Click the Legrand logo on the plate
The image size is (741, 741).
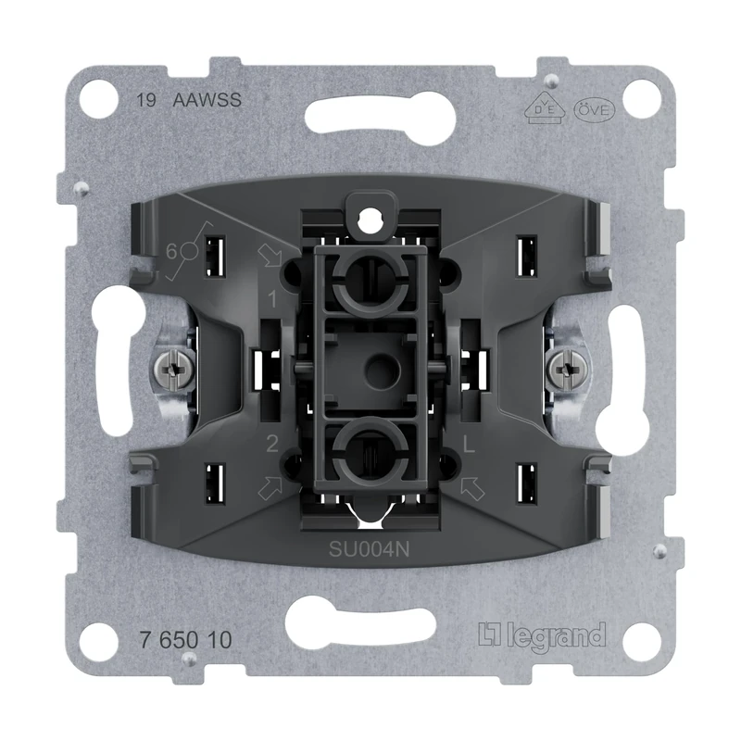point(542,636)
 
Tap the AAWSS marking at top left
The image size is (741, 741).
point(207,101)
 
